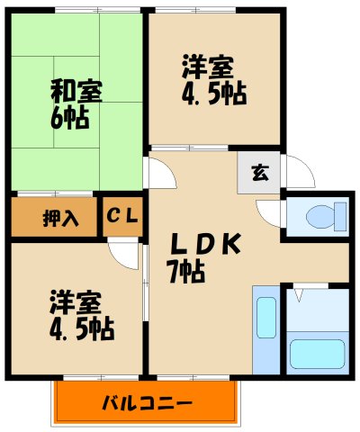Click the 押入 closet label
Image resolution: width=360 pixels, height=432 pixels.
(52, 217)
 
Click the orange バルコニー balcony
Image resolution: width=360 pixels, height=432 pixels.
(148, 400)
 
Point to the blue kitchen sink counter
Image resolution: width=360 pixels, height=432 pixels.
(265, 329)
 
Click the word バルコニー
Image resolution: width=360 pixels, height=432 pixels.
(148, 401)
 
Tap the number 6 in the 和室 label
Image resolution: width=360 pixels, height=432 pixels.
(63, 117)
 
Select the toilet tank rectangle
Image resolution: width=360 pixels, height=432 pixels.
(339, 216)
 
